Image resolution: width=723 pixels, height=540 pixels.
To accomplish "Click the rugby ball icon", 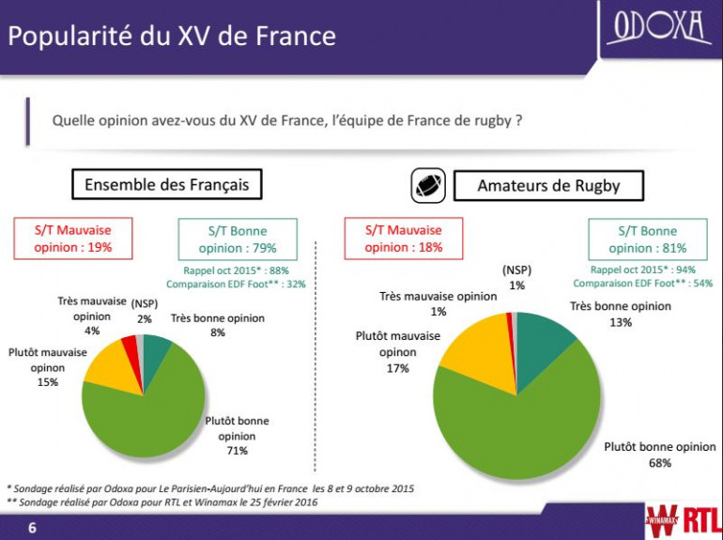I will tap(428, 184).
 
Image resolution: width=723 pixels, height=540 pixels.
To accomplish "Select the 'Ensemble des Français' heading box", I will tap(167, 184).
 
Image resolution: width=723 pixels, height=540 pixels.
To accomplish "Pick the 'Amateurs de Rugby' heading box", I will tap(548, 185).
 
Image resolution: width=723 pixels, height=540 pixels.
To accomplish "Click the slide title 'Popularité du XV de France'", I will tap(172, 37).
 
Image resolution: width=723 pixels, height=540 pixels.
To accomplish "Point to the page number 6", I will tap(32, 529).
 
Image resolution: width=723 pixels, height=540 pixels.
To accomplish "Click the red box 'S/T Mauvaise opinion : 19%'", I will tap(73, 239).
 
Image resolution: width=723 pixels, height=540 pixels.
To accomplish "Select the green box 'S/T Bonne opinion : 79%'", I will tap(237, 239).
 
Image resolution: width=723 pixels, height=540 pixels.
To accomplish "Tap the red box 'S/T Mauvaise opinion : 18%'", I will tap(403, 239).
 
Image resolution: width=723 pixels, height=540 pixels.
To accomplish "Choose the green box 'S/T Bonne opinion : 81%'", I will tap(647, 239).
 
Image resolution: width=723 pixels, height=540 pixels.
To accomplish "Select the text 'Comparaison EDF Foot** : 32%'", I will tap(236, 284).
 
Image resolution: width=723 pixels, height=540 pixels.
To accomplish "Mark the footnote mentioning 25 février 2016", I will tap(162, 502).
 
